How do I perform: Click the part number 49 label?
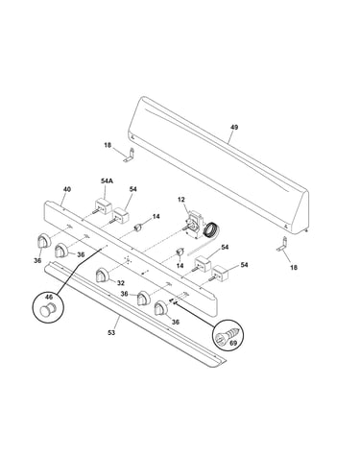click(234, 128)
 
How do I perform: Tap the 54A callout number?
click(107, 181)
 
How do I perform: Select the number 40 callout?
click(66, 189)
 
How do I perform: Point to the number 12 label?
click(181, 200)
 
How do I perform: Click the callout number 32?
click(120, 283)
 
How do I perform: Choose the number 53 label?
click(111, 333)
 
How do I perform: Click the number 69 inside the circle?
click(233, 344)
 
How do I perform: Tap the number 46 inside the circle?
click(48, 298)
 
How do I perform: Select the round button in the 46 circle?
click(47, 308)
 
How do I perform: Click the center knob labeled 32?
click(103, 276)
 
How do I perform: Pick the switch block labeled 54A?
click(103, 205)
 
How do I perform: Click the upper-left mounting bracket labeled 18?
click(129, 155)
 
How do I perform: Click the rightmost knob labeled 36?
click(161, 308)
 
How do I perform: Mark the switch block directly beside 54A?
click(119, 215)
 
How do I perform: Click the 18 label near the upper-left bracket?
click(108, 145)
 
